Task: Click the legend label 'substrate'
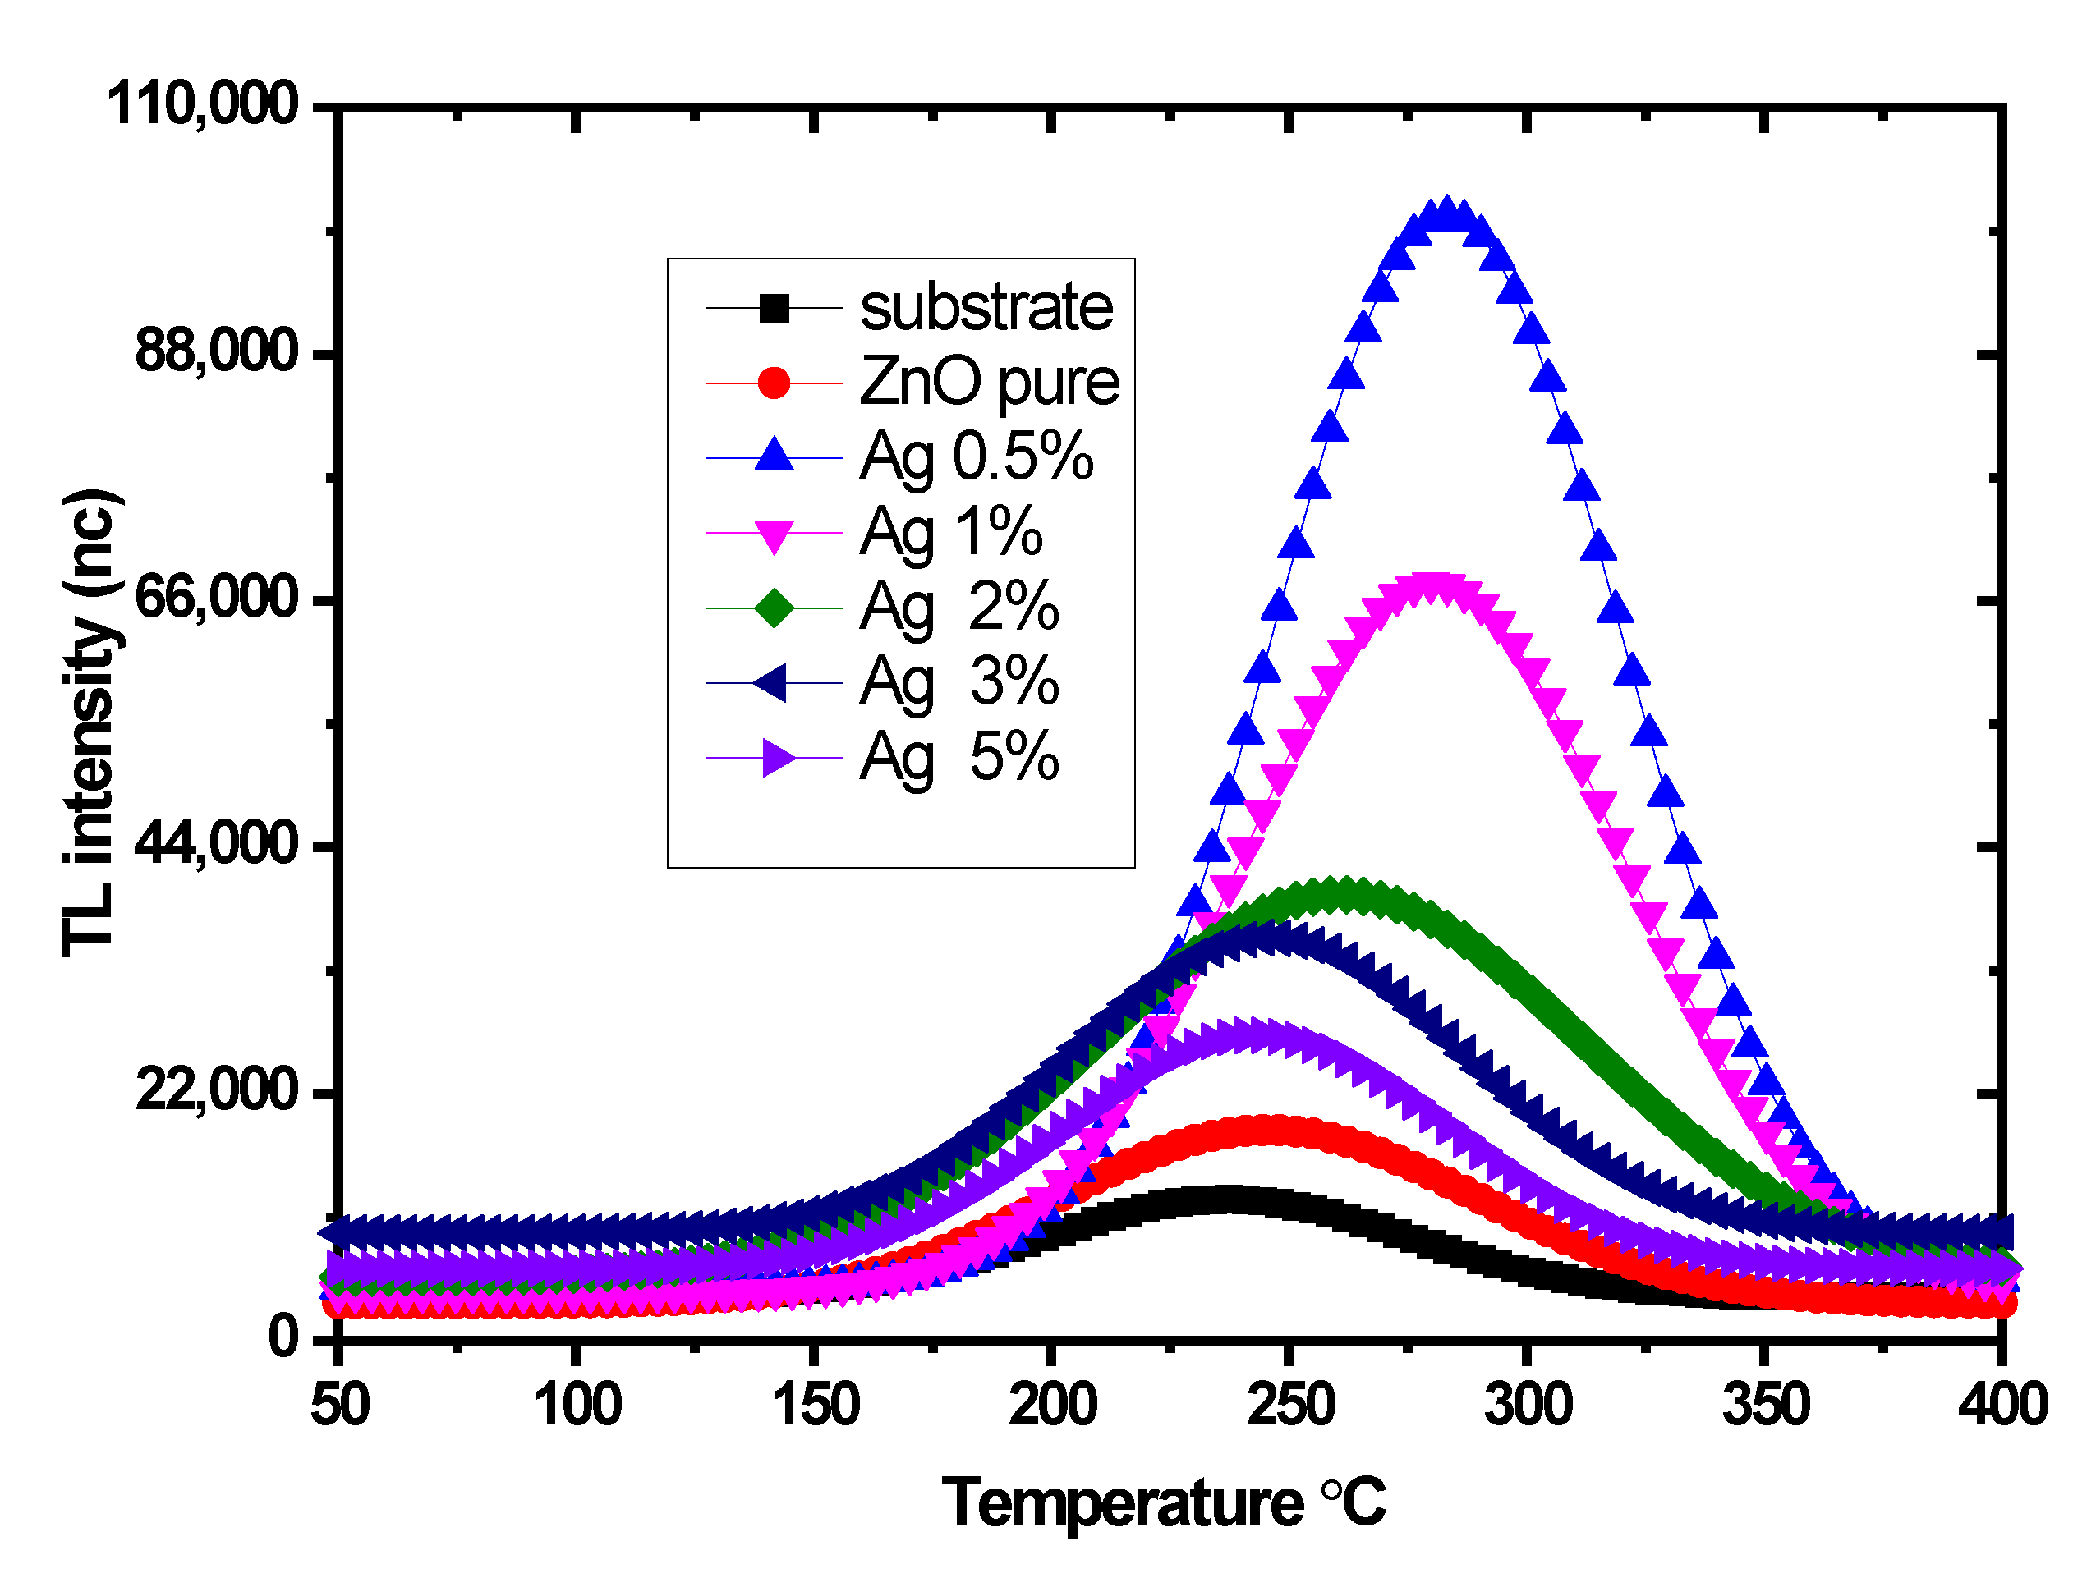click(986, 308)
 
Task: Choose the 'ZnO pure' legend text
click(988, 383)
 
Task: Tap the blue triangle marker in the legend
click(775, 456)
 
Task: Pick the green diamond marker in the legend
click(775, 607)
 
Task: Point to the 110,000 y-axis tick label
click(203, 103)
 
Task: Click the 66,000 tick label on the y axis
click(217, 599)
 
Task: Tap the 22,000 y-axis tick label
click(217, 1090)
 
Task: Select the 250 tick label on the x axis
click(1289, 1405)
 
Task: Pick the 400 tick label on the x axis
click(2002, 1405)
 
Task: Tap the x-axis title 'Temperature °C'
click(1163, 1503)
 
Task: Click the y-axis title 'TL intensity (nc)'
click(91, 722)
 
